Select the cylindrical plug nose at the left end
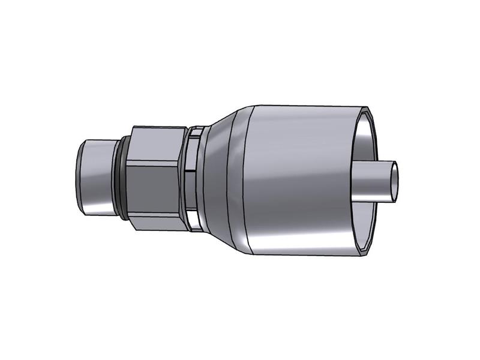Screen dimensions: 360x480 96,176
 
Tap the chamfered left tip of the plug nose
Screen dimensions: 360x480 79,176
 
